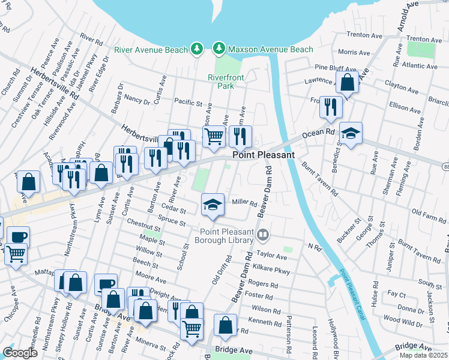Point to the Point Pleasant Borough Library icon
coord(262,235)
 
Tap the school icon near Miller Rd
coord(212,205)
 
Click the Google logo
coord(20,353)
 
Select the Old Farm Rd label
coord(427,212)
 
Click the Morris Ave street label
coord(354,53)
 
